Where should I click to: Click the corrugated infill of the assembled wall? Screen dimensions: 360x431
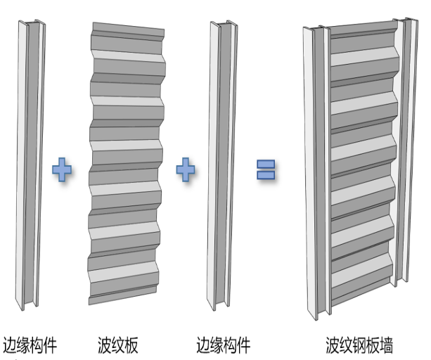pyautogui.click(x=360, y=169)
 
